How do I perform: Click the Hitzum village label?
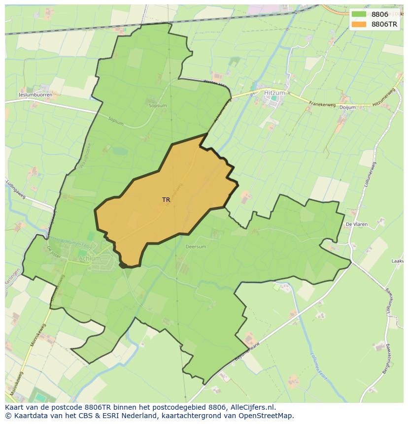pos(274,92)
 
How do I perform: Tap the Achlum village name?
pos(89,258)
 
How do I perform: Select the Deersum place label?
pos(196,247)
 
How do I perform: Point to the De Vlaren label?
pos(356,224)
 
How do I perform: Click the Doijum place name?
pos(347,107)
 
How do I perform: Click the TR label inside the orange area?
pos(166,200)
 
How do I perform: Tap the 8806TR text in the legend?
pos(385,24)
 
